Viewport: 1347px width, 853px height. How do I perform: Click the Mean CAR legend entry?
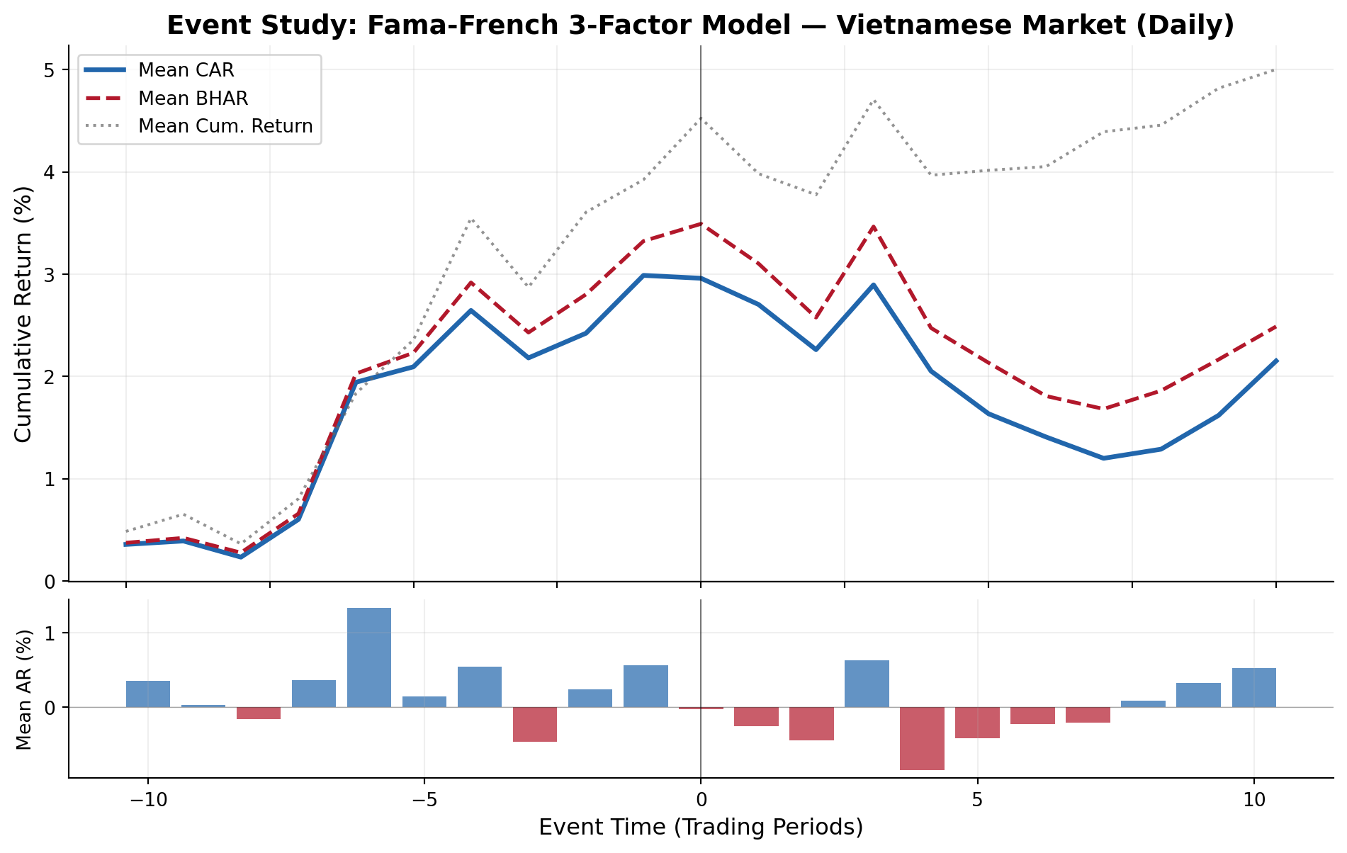pos(186,70)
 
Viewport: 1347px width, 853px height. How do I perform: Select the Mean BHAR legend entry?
pos(193,98)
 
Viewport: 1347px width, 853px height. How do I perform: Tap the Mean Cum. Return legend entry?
pos(225,126)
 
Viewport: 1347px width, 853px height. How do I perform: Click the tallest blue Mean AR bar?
pos(369,657)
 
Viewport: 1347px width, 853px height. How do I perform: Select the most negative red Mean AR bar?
pos(922,738)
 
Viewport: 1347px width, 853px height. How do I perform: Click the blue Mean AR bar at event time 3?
pos(867,684)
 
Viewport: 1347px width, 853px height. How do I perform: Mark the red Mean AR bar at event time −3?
pos(535,724)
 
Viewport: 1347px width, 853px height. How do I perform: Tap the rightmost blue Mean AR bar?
pos(1253,687)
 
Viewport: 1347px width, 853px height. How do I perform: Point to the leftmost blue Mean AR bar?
pos(148,694)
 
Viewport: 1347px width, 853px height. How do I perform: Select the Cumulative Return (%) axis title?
pos(23,314)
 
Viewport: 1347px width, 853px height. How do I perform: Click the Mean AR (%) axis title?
pos(23,689)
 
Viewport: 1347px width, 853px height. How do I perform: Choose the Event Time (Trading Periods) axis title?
pos(701,827)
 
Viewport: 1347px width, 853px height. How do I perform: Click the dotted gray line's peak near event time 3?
pos(874,101)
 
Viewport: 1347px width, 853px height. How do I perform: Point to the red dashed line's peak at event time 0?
pos(701,224)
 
